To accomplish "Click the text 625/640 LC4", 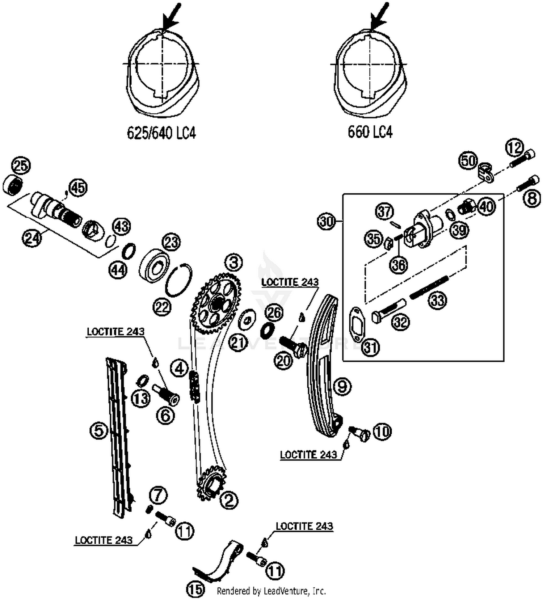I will [x=161, y=133].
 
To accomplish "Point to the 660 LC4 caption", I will [x=370, y=132].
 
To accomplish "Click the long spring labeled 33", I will [x=429, y=286].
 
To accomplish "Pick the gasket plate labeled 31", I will [x=355, y=323].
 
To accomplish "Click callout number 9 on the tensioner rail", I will [x=342, y=386].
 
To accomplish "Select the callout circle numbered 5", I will [x=99, y=431].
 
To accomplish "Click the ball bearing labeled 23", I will [x=155, y=265].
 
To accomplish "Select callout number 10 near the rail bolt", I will [x=382, y=431].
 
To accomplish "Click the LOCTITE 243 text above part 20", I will [x=290, y=282].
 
